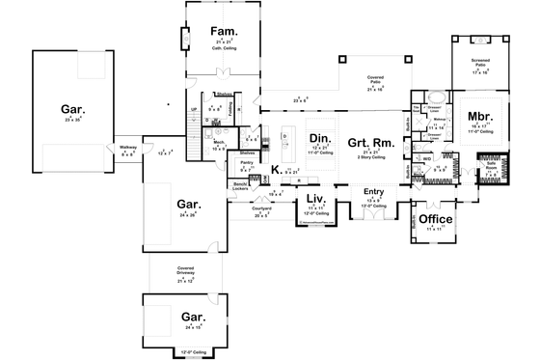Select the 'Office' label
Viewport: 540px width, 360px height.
(432, 217)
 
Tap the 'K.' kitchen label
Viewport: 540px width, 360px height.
(275, 170)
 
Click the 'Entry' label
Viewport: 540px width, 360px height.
(373, 191)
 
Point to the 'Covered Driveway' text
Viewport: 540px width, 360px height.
(186, 270)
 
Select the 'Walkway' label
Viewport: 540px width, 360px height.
(127, 148)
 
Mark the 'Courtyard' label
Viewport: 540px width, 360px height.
(259, 208)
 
